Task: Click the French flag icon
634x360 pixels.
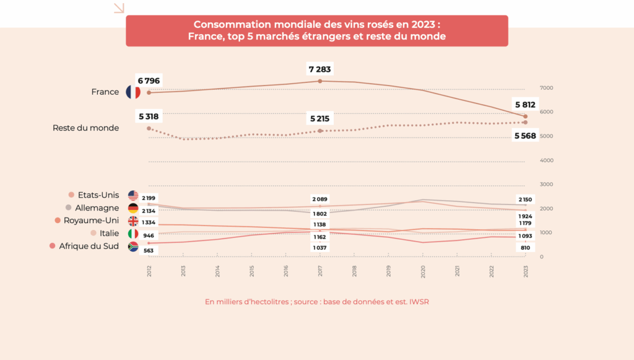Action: (133, 92)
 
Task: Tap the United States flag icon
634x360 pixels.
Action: (132, 195)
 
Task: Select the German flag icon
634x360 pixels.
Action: (132, 208)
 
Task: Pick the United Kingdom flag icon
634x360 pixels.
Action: (132, 221)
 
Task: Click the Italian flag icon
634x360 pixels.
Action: (132, 234)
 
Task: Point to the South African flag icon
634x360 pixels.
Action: (132, 247)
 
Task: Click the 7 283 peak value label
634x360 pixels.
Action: (319, 69)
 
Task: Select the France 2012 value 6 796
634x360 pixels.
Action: (149, 81)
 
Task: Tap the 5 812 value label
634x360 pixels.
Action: (525, 104)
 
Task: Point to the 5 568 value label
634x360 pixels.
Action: (525, 136)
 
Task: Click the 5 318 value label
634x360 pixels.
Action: (149, 116)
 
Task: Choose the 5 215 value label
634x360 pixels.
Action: (319, 118)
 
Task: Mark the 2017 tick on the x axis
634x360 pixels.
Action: (320, 271)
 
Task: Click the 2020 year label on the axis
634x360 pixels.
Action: (423, 271)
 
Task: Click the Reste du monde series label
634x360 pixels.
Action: (85, 128)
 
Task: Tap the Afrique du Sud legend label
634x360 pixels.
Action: (89, 246)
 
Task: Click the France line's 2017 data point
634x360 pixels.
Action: (320, 81)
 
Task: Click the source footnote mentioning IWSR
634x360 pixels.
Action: (317, 302)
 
